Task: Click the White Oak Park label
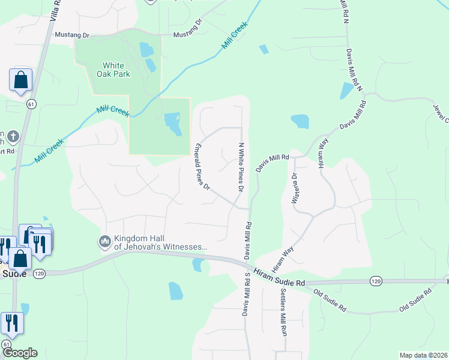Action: (x=113, y=70)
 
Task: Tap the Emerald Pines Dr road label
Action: (x=202, y=167)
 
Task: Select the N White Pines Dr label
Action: (x=241, y=167)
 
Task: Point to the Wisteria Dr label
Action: (x=294, y=188)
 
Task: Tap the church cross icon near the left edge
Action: (x=13, y=136)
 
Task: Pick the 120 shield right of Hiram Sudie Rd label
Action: (x=376, y=281)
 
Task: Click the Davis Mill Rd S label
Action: (x=246, y=293)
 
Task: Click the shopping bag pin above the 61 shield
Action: (x=20, y=80)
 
